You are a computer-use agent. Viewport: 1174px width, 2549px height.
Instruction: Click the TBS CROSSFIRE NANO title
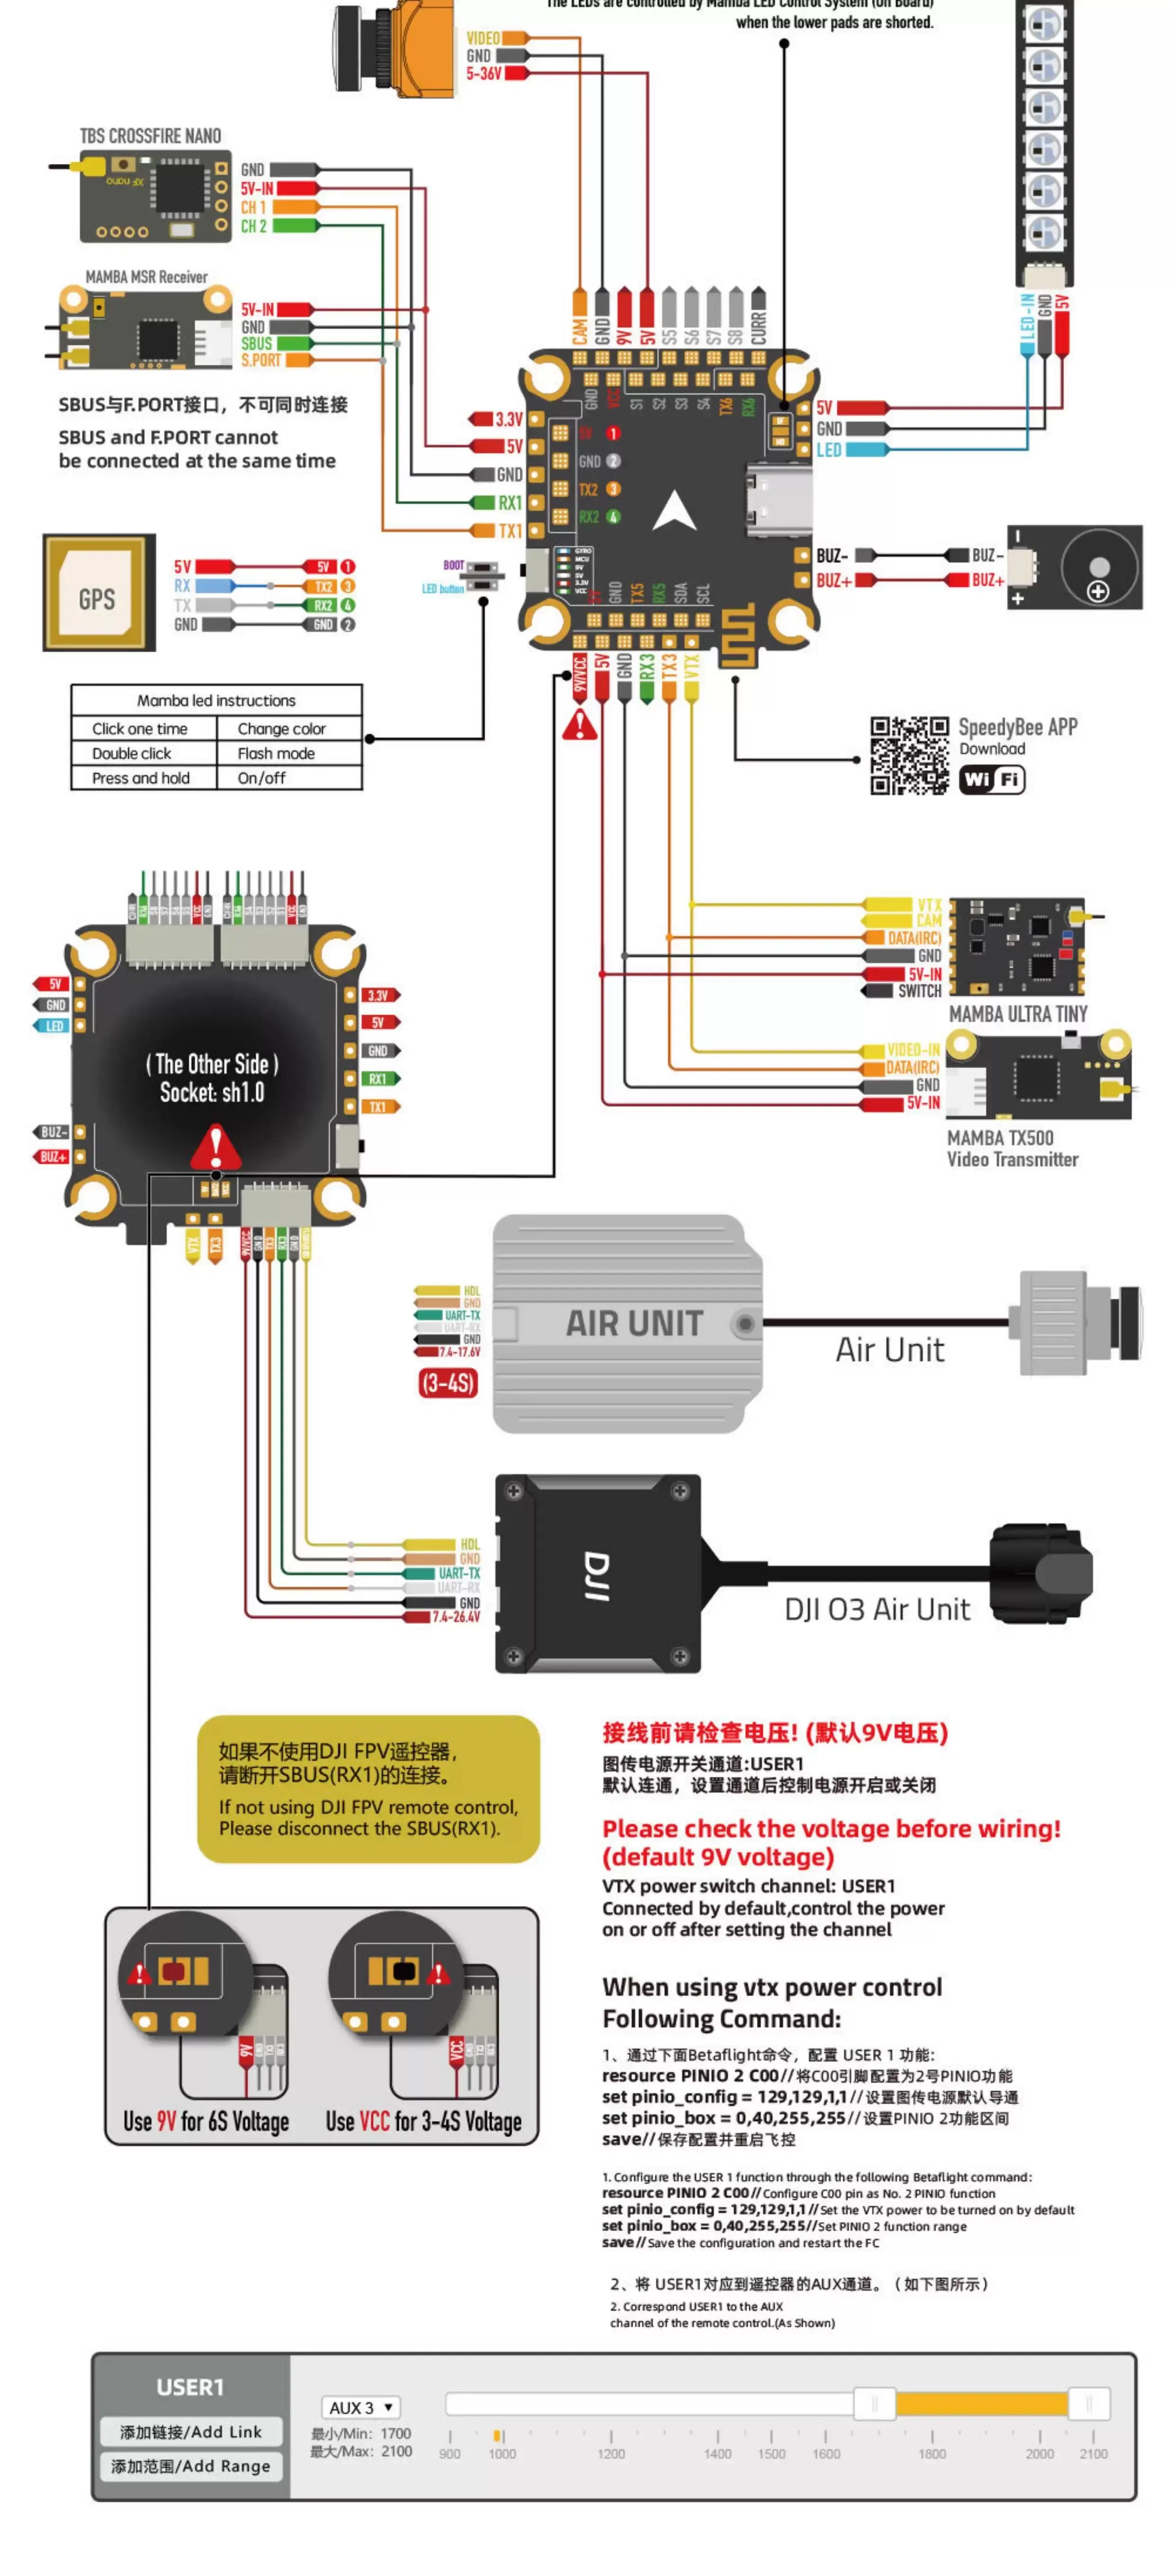(x=151, y=136)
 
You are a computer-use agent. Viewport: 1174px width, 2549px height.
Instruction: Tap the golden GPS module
(x=98, y=593)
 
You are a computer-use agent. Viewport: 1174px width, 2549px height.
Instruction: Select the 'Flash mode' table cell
(x=276, y=753)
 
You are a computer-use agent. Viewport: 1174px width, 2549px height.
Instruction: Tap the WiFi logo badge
(x=992, y=780)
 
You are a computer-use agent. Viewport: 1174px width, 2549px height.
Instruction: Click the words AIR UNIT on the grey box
(x=634, y=1323)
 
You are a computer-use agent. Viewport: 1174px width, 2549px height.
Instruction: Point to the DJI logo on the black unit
(x=596, y=1575)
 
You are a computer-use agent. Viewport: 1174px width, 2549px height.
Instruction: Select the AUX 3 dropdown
(x=360, y=2406)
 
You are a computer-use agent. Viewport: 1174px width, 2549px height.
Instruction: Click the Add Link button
(x=191, y=2431)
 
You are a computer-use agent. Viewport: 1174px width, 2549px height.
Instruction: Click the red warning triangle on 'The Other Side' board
(x=214, y=1148)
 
